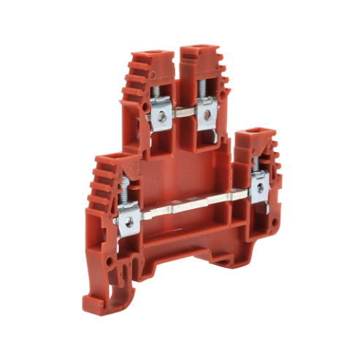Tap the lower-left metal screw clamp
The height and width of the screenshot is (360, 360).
pyautogui.click(x=129, y=217)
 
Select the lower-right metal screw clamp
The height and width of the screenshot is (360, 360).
pyautogui.click(x=257, y=188)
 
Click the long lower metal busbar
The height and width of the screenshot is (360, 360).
pyautogui.click(x=194, y=206)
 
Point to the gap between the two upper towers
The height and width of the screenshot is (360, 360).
pyautogui.click(x=177, y=66)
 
